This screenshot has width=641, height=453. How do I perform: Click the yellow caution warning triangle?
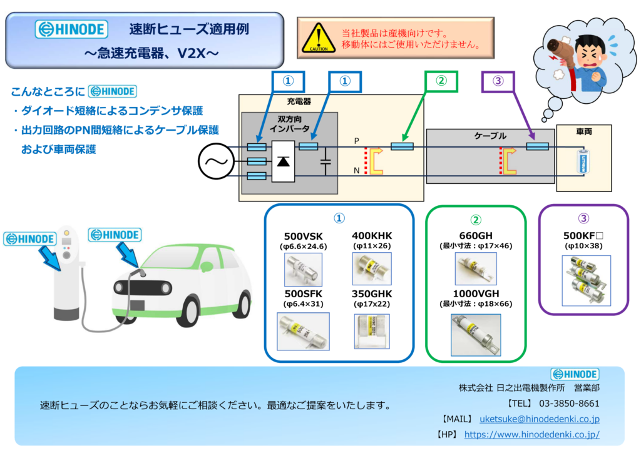pos(319,38)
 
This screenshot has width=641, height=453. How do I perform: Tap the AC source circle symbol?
pos(216,161)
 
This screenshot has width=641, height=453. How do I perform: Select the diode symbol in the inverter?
pos(284,161)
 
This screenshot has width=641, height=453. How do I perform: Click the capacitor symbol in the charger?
pos(326,162)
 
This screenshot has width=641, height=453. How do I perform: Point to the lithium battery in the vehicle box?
pos(583,162)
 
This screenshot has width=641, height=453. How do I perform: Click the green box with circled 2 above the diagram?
pos(441,81)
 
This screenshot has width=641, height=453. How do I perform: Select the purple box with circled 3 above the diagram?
pos(498,81)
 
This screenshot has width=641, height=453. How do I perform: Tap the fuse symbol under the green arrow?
pos(403,146)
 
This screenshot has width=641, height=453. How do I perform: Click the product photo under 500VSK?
pos(304,270)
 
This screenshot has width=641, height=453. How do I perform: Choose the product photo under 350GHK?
pos(372,332)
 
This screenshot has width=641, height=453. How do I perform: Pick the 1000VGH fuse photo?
pos(476,335)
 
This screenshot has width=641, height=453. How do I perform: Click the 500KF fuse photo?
pos(586,281)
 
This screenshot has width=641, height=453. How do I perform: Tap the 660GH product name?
pos(476,236)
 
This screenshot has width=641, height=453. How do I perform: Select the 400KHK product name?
pos(372,236)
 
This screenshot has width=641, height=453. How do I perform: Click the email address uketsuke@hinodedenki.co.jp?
pos(540,419)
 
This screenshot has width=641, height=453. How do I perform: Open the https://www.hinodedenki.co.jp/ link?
pos(532,435)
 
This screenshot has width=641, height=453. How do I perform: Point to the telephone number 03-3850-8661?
pos(569,404)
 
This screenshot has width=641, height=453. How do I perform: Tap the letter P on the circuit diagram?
pos(356,141)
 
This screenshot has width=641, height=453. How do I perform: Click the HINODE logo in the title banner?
pos(71,29)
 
